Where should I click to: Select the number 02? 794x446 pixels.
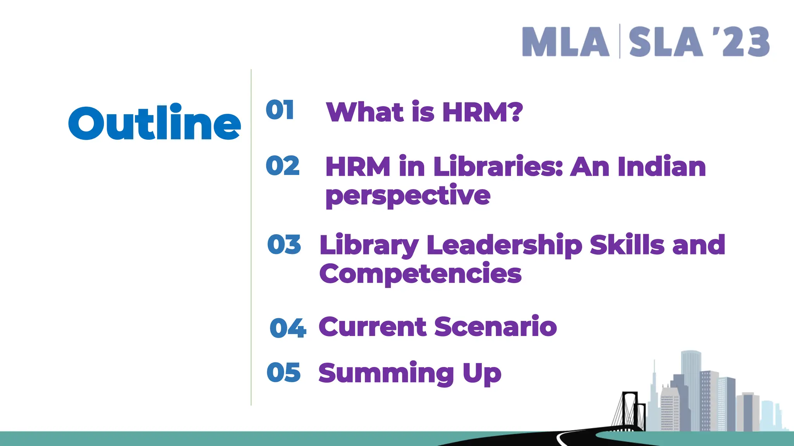(x=283, y=166)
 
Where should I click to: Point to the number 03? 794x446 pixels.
(x=284, y=245)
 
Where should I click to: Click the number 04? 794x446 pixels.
(x=288, y=328)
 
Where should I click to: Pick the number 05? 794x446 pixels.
(x=284, y=372)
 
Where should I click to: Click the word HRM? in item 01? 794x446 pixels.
(x=482, y=112)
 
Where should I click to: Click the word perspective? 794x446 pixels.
(x=408, y=196)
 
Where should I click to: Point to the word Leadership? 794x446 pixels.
(x=504, y=245)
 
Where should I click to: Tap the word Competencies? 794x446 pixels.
(x=420, y=273)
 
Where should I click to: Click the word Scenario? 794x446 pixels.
(x=495, y=327)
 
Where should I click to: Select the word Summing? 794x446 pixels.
(x=386, y=373)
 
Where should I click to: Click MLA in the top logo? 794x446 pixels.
(x=565, y=42)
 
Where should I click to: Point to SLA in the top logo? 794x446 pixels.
(x=665, y=42)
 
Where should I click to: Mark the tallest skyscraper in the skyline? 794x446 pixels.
(x=690, y=387)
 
